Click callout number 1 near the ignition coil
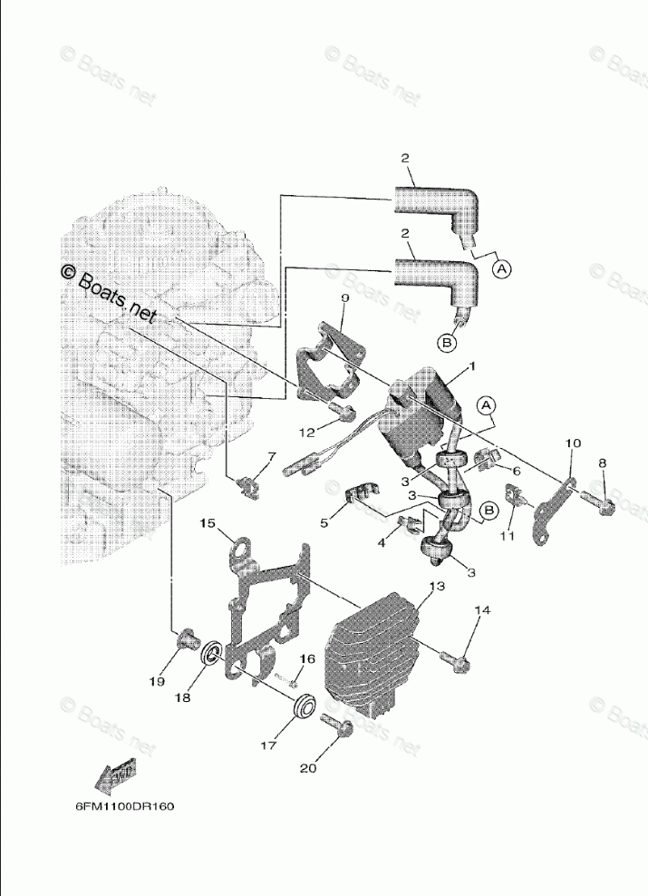pyautogui.click(x=471, y=368)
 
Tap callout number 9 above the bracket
pyautogui.click(x=345, y=298)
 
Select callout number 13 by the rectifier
pyautogui.click(x=437, y=588)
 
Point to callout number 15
pyautogui.click(x=208, y=523)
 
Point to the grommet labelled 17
pyautogui.click(x=305, y=706)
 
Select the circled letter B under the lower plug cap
pyautogui.click(x=448, y=343)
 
